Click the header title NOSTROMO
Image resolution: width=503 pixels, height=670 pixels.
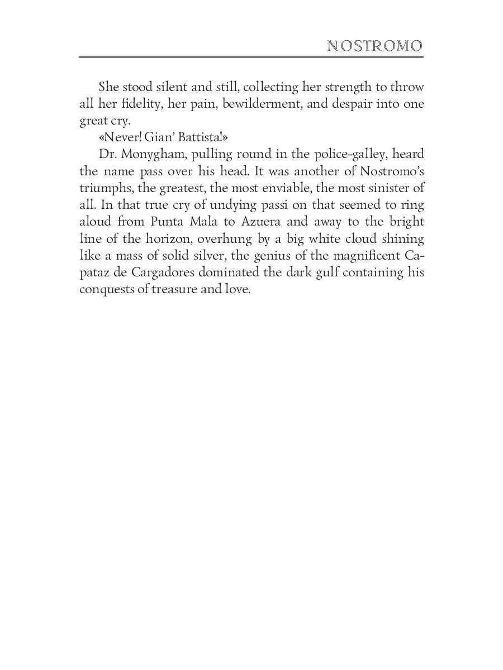click(x=374, y=46)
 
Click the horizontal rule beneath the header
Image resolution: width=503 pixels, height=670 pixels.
click(x=251, y=57)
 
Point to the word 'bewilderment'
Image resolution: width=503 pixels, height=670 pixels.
click(x=256, y=104)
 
